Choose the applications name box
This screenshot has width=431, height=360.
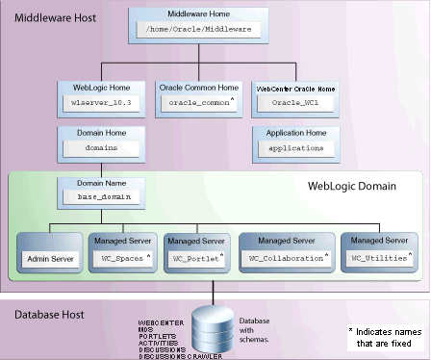[292, 149]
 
